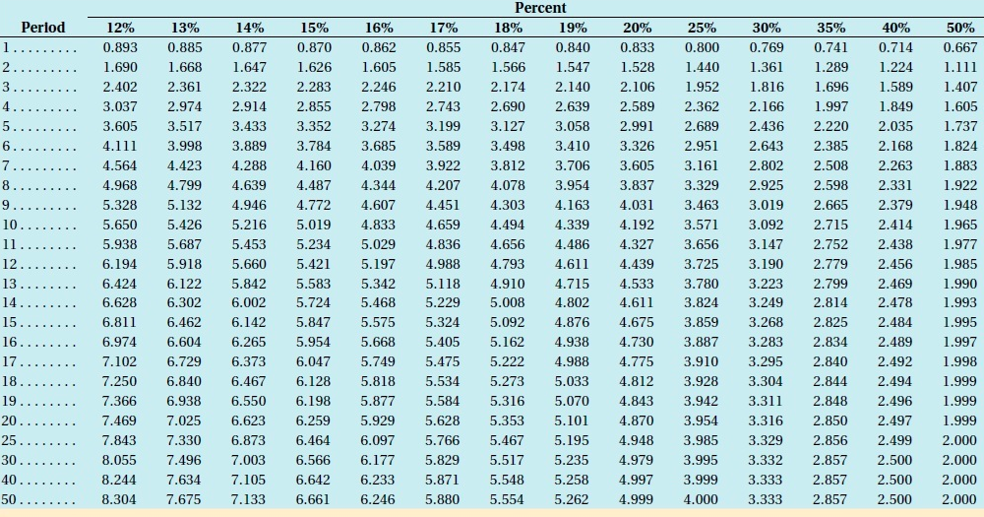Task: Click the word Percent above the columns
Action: [540, 8]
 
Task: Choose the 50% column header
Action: [959, 28]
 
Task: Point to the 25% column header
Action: [701, 28]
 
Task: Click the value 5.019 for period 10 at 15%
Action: [314, 225]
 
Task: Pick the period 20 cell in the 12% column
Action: [120, 421]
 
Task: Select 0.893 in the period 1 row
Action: [120, 47]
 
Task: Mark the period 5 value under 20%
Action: [637, 126]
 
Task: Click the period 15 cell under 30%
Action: [766, 323]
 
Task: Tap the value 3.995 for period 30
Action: [701, 461]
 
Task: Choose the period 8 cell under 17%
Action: [443, 185]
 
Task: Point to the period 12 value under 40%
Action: [894, 264]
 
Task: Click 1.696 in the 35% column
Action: [830, 87]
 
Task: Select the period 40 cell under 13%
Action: [185, 481]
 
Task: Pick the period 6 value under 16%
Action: [378, 146]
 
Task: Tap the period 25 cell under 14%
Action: [249, 441]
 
